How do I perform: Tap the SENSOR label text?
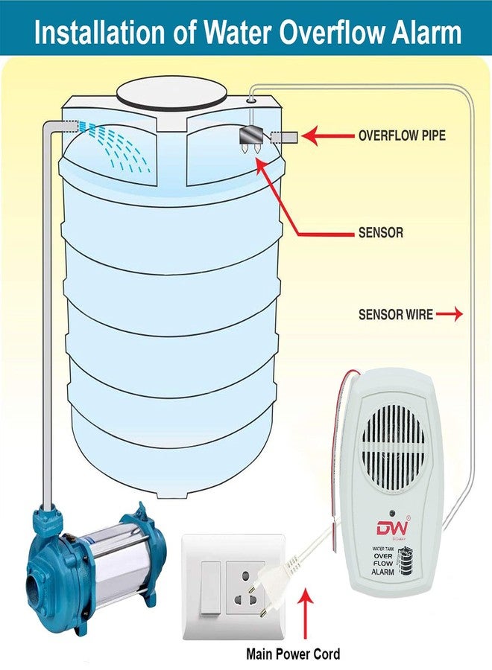380,233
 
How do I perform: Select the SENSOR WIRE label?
395,315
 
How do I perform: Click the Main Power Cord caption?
293,654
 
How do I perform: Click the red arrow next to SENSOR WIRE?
450,315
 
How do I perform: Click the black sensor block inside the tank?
250,137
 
